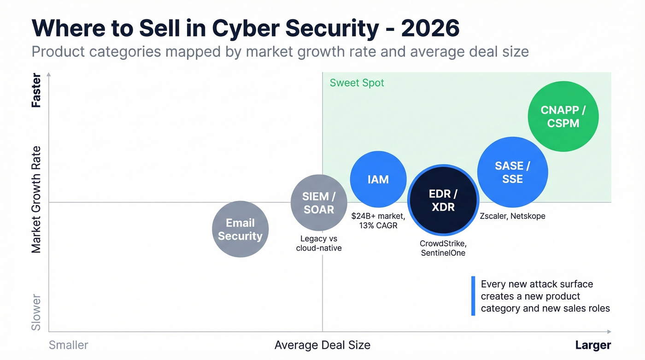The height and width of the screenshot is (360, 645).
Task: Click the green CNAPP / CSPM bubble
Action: (x=563, y=117)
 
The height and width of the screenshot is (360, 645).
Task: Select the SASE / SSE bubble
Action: (x=512, y=172)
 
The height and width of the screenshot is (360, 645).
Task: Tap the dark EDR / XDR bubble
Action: (x=443, y=201)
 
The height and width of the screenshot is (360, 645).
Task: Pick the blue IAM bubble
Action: (x=378, y=179)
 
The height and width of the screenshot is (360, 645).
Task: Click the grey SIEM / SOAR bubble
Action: (x=319, y=203)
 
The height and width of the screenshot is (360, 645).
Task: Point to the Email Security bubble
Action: (x=240, y=229)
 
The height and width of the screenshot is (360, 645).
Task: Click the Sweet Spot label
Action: (x=357, y=83)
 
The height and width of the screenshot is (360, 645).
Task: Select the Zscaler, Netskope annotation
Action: (x=512, y=216)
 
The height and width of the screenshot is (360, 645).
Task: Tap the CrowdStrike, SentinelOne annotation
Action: (x=443, y=248)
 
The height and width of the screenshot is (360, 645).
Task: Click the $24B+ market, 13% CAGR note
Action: (x=378, y=220)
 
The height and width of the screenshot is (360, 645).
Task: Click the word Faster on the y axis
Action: (x=36, y=91)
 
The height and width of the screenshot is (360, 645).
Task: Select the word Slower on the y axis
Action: (x=36, y=313)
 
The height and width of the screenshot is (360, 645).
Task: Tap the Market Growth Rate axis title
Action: (x=36, y=199)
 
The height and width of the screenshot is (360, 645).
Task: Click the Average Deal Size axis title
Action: (x=322, y=345)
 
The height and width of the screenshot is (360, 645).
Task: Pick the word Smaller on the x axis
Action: (x=68, y=345)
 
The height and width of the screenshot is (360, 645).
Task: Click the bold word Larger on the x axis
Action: (x=593, y=345)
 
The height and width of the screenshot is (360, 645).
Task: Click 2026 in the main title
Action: (x=430, y=29)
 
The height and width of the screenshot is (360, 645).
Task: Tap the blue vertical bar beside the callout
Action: (x=473, y=296)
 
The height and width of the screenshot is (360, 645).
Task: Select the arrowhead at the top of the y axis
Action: (x=49, y=74)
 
